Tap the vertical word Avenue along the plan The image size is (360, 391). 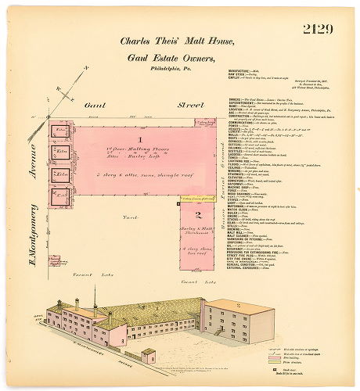point(33,167)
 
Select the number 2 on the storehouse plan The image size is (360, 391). point(198,214)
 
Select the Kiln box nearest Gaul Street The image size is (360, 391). point(61,133)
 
